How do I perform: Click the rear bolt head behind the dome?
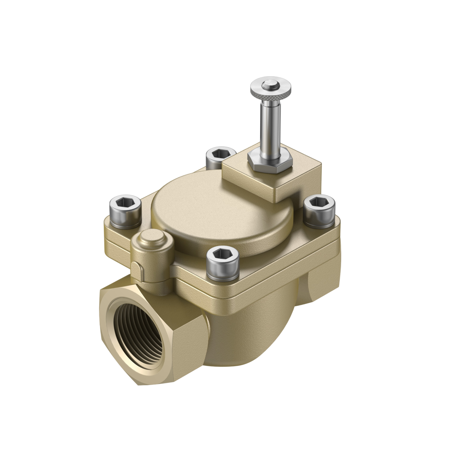(220, 157)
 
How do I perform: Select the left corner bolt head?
(125, 211)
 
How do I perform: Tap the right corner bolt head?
(319, 210)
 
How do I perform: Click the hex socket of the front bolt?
(222, 254)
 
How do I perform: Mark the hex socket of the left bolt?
(125, 202)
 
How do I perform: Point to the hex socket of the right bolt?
(319, 202)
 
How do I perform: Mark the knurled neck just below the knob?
(270, 99)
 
